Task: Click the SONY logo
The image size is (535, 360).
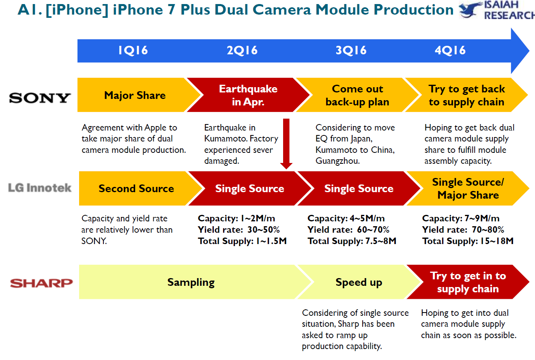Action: click(x=40, y=98)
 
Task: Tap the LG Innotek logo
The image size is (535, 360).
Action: click(x=40, y=188)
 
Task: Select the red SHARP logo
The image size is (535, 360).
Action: click(x=41, y=283)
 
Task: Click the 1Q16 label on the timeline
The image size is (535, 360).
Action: click(x=133, y=50)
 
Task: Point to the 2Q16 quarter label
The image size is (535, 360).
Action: click(x=242, y=50)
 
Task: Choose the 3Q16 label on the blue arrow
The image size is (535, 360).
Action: click(x=351, y=50)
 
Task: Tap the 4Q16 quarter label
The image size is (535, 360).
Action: click(x=450, y=50)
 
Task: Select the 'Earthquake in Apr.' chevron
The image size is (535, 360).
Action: click(x=248, y=95)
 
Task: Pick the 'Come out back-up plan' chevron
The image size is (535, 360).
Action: click(x=357, y=95)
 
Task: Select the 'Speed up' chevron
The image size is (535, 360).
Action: click(x=359, y=282)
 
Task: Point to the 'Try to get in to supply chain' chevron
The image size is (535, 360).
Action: click(x=468, y=282)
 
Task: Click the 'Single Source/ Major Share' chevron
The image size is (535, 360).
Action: click(x=468, y=189)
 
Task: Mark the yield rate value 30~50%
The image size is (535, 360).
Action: click(x=263, y=229)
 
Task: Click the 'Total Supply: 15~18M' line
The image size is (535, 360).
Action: click(x=468, y=241)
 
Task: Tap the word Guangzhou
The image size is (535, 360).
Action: click(x=338, y=161)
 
